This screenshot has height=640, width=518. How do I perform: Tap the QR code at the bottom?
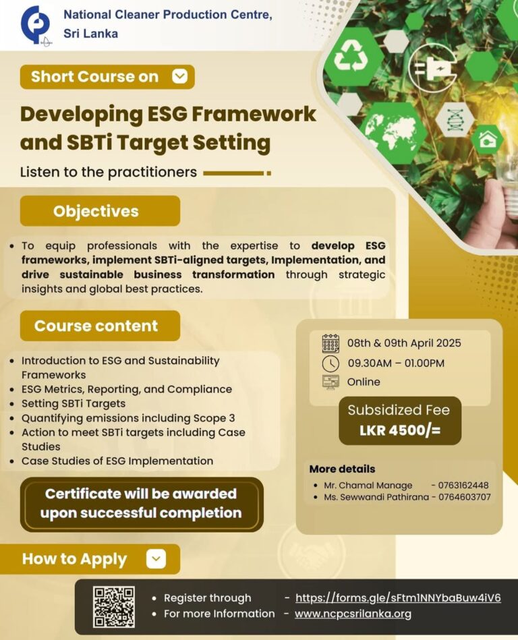pyautogui.click(x=113, y=607)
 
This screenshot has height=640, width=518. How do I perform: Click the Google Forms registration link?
pyautogui.click(x=398, y=598)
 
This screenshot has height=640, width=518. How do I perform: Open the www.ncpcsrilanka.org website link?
pyautogui.click(x=353, y=614)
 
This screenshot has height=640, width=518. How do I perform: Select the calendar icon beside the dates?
pyautogui.click(x=330, y=343)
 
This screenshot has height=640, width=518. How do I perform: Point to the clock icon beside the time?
pyautogui.click(x=330, y=363)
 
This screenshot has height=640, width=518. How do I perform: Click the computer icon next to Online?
pyautogui.click(x=330, y=382)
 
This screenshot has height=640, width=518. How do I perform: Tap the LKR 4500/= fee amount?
pyautogui.click(x=400, y=430)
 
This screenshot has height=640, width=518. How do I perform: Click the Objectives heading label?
pyautogui.click(x=96, y=211)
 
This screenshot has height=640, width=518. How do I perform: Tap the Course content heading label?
pyautogui.click(x=96, y=326)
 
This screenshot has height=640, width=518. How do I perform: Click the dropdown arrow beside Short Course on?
pyautogui.click(x=179, y=77)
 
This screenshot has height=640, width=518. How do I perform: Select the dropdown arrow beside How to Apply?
pyautogui.click(x=156, y=558)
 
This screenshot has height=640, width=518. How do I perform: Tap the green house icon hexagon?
pyautogui.click(x=487, y=139)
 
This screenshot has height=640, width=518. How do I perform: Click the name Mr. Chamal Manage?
pyautogui.click(x=368, y=485)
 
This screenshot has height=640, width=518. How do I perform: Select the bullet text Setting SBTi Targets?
pyautogui.click(x=74, y=403)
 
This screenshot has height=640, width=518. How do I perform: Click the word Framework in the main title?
pyautogui.click(x=254, y=113)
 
